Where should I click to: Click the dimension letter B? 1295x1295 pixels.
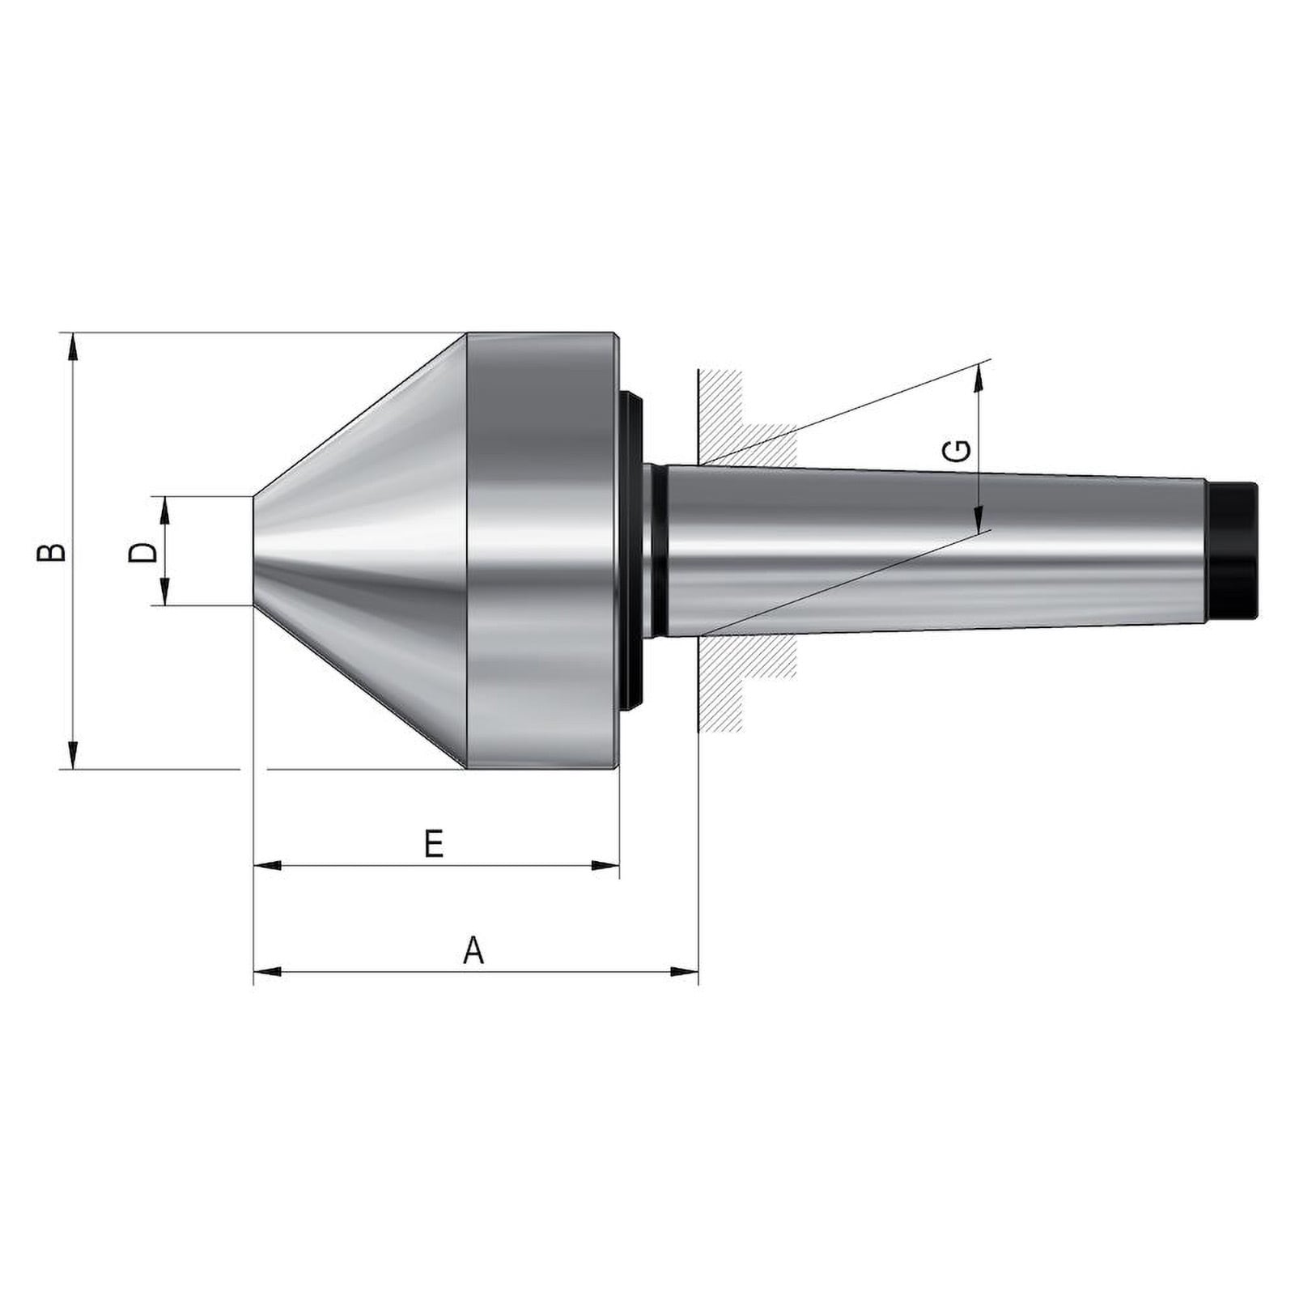(x=52, y=551)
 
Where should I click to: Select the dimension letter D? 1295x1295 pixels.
(x=143, y=552)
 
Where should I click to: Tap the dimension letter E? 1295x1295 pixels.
(x=435, y=844)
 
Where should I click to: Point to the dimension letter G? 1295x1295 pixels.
(x=958, y=451)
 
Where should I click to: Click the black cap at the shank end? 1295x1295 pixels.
(x=1232, y=550)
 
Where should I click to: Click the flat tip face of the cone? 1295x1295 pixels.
(x=254, y=550)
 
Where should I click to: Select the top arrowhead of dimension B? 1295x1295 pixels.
(x=73, y=346)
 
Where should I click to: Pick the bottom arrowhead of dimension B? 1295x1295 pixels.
(x=73, y=754)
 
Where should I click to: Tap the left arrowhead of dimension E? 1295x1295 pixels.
(x=268, y=866)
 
